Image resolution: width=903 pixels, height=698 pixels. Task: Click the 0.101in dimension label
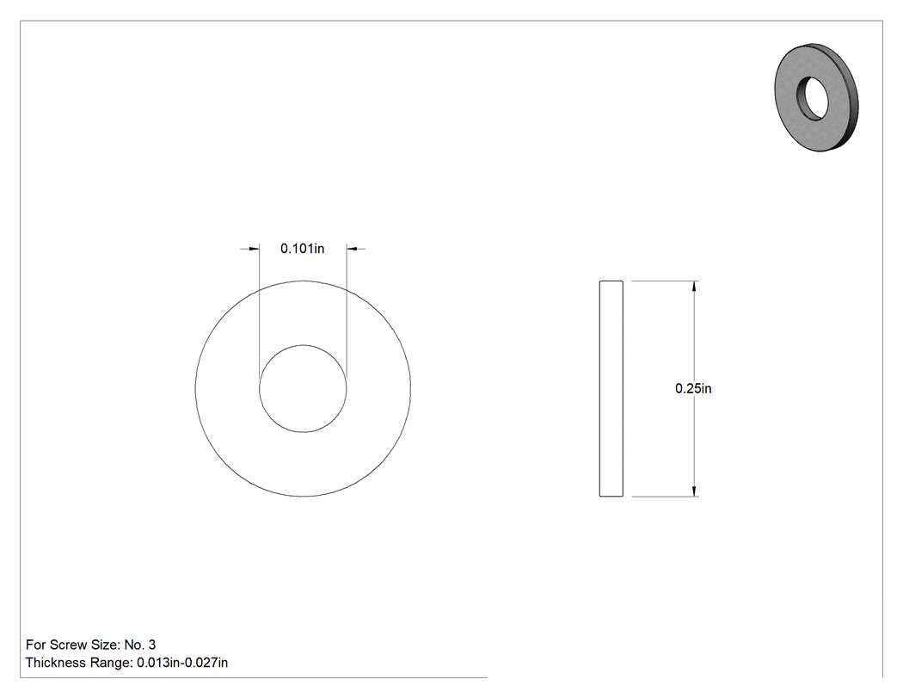(x=303, y=249)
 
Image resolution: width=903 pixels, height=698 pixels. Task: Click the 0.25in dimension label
(x=693, y=388)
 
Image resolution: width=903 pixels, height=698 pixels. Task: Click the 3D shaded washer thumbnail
(x=816, y=97)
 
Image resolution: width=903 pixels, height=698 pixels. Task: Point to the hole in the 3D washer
(x=813, y=98)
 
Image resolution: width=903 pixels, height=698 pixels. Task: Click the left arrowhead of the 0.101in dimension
(x=254, y=249)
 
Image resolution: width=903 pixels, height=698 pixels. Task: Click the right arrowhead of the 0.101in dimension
(x=352, y=249)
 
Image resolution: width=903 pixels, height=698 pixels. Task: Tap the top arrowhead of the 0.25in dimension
(x=695, y=286)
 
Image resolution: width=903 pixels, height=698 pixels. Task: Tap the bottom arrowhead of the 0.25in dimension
(x=695, y=491)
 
